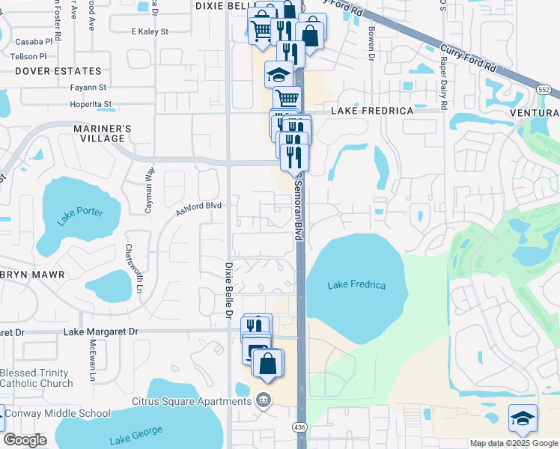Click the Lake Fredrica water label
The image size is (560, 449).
pos(356,285)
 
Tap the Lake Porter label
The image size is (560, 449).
pos(79,216)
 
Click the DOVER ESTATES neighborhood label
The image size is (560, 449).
pos(57,71)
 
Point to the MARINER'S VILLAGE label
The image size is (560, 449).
pos(102,133)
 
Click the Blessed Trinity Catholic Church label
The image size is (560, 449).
pos(36,378)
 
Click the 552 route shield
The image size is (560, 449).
pos(544,88)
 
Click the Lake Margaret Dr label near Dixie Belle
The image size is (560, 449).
pos(102,331)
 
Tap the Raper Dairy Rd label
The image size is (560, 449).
pos(443,89)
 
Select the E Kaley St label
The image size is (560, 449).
pos(150,32)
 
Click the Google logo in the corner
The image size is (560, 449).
pos(25,440)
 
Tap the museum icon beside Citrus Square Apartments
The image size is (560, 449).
pos(263,400)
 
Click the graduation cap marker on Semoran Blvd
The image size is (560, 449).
pos(278,75)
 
